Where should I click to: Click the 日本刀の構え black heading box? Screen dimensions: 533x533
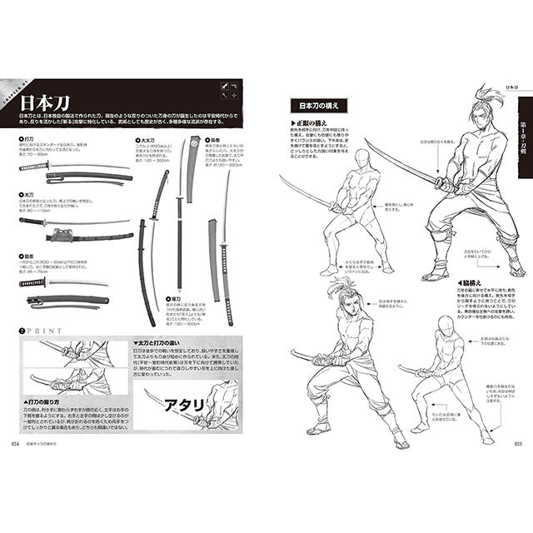click(x=315, y=107)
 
